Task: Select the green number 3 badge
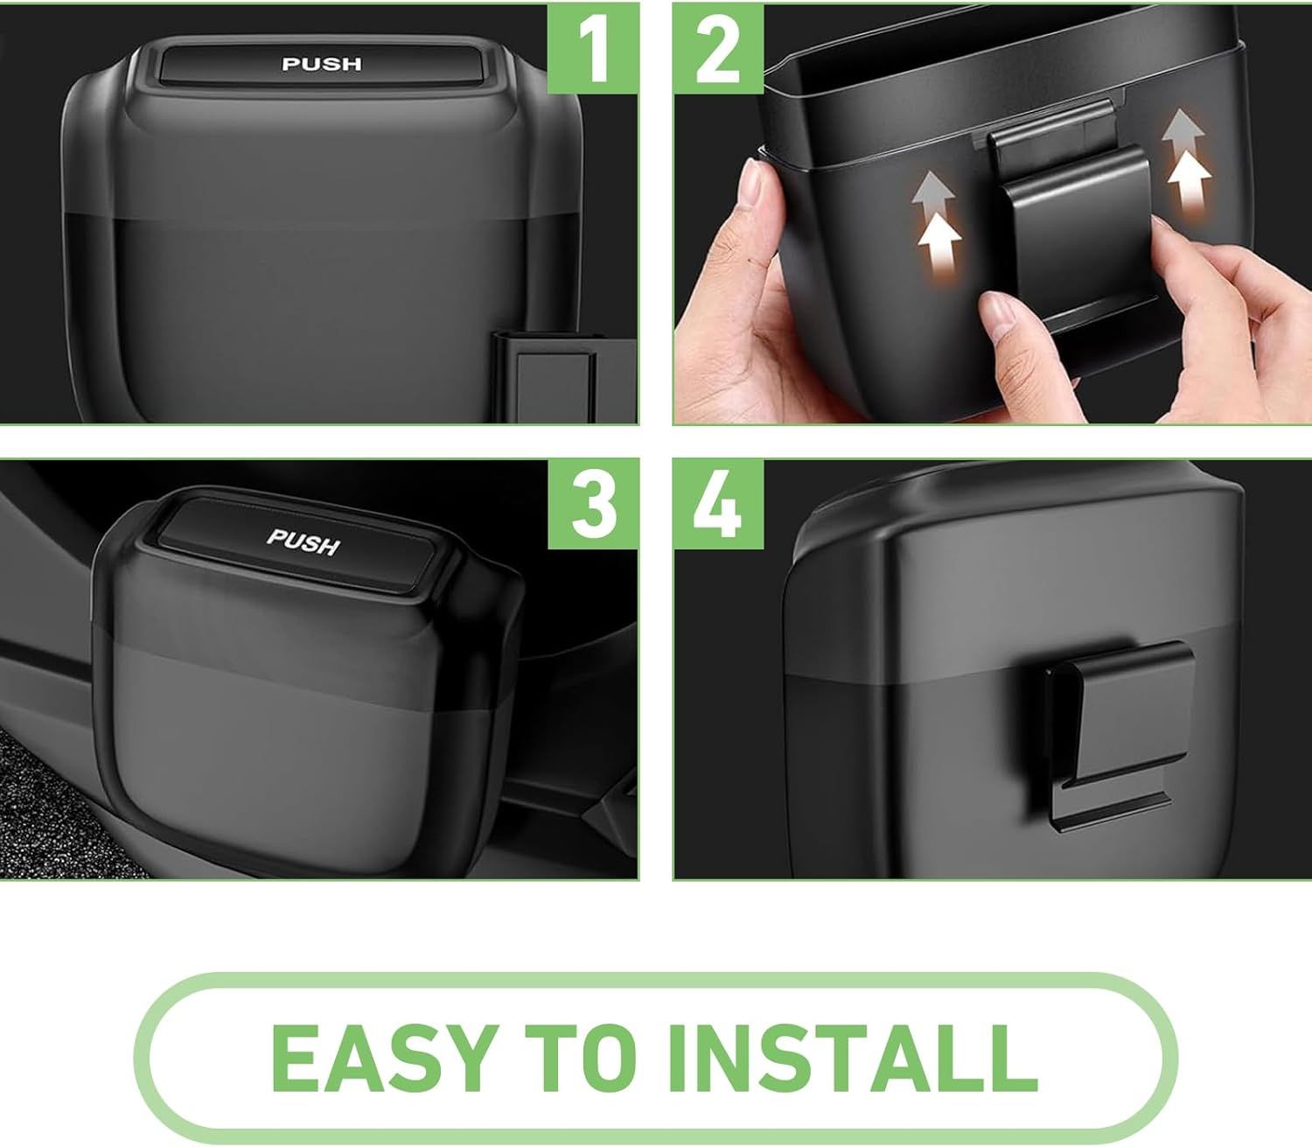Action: click(x=594, y=504)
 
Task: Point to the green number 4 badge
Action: click(x=718, y=504)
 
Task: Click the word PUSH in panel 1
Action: click(x=322, y=64)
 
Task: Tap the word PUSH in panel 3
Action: click(x=304, y=542)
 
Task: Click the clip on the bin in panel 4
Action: click(x=1119, y=735)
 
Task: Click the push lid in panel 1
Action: click(x=322, y=64)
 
